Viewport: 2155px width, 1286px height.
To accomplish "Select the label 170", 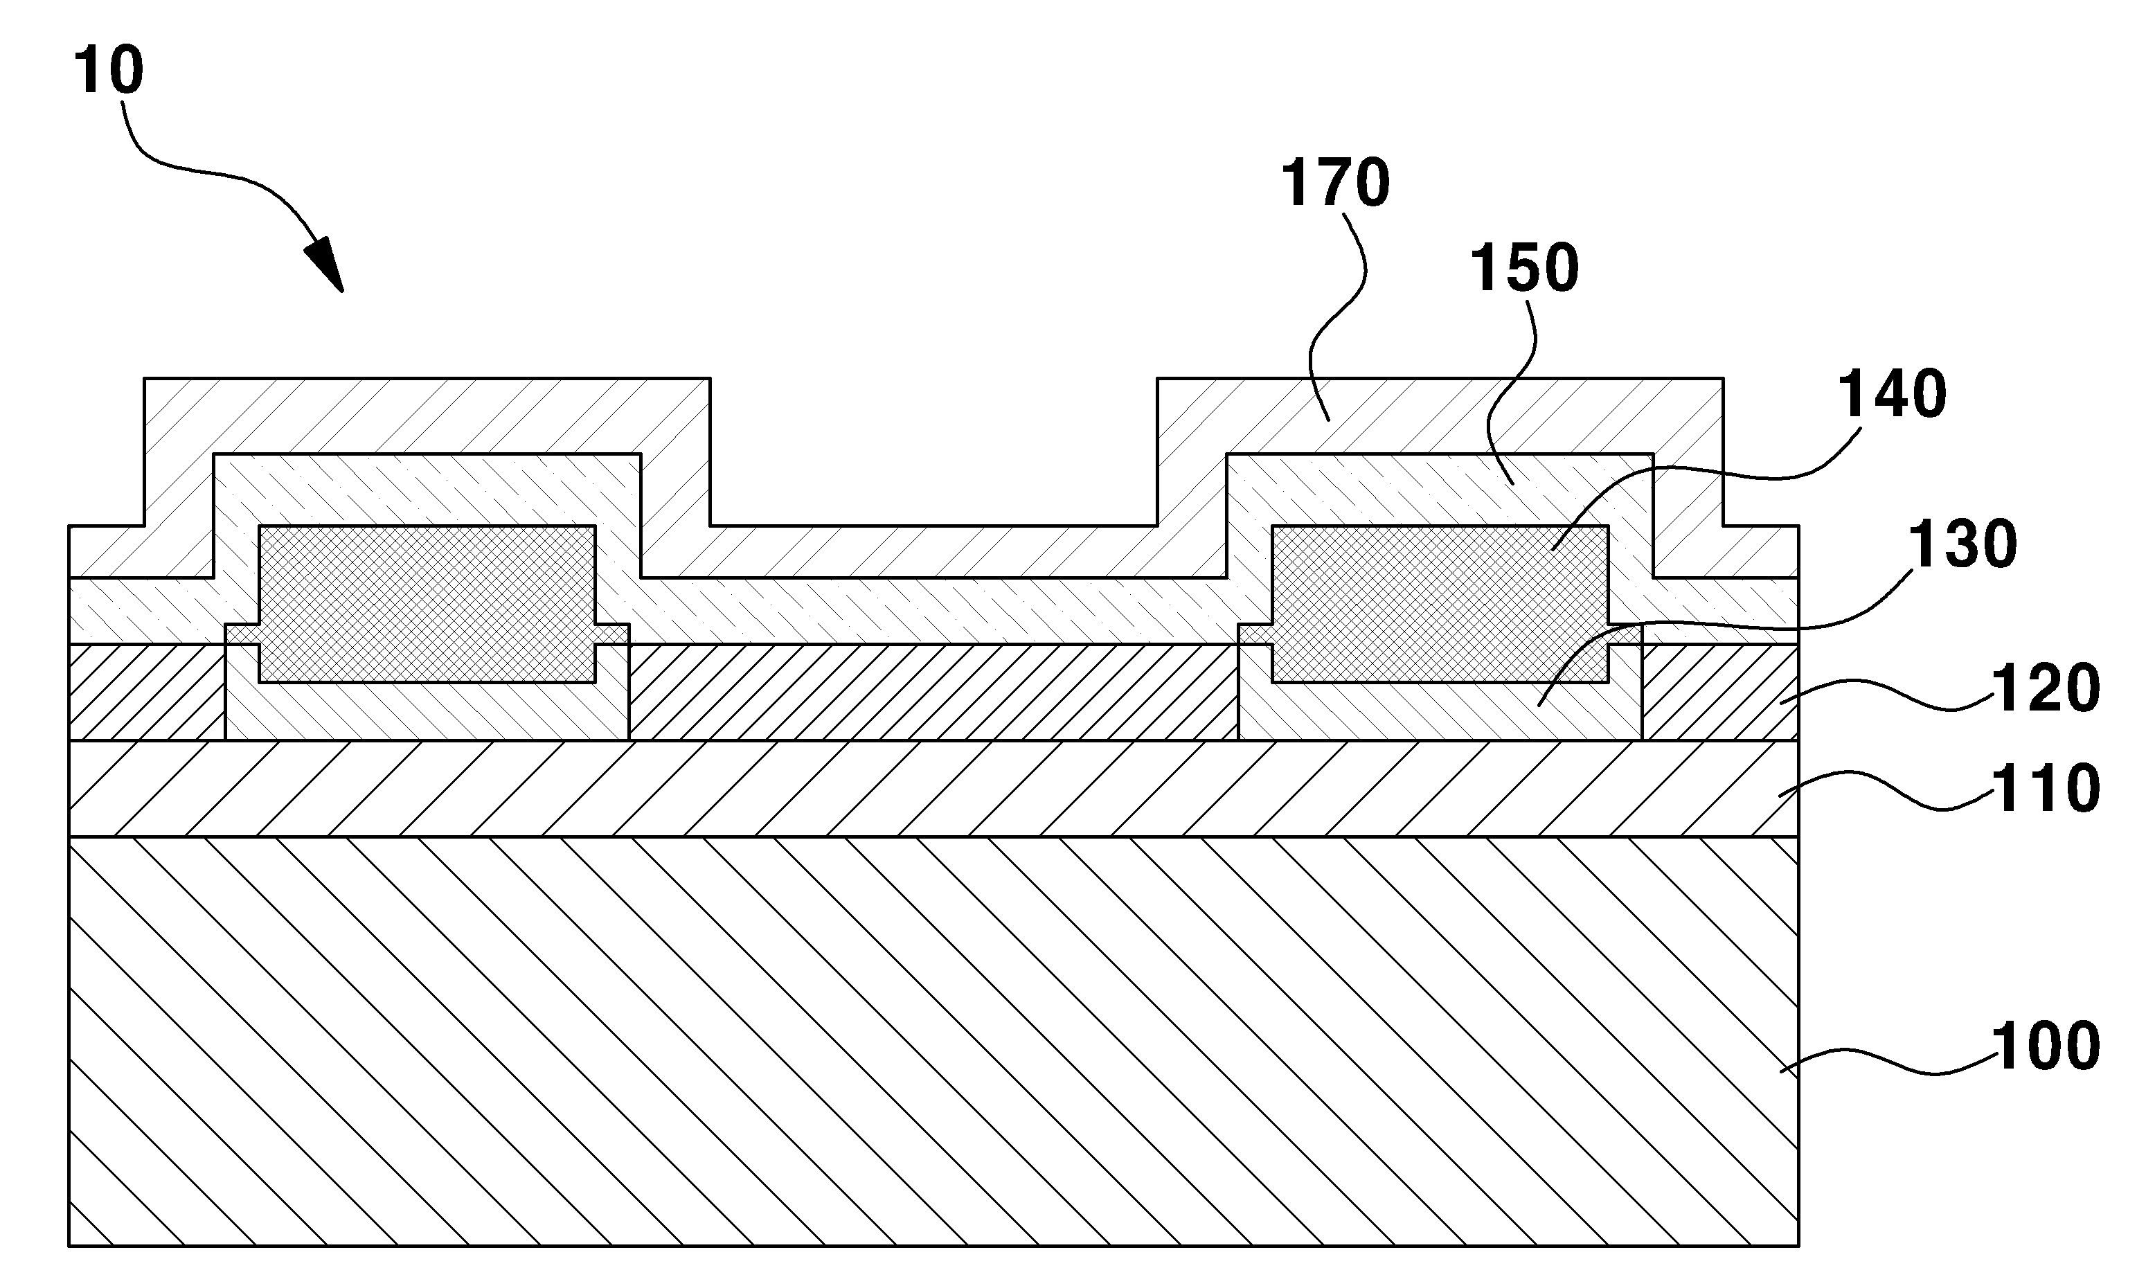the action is (x=1335, y=183).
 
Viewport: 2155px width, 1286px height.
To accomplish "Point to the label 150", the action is (x=1525, y=268).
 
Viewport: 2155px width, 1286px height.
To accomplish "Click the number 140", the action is (x=1893, y=393).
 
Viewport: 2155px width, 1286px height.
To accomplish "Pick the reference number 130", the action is (x=1963, y=544).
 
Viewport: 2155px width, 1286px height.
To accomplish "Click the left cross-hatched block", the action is (x=427, y=604).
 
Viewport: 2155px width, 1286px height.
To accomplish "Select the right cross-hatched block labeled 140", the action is (x=1439, y=604).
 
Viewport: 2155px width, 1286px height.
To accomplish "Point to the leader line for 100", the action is (x=1885, y=1059).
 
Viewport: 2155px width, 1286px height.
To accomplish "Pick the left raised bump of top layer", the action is (x=427, y=416).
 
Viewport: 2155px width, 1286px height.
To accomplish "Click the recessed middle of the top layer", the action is (x=933, y=551).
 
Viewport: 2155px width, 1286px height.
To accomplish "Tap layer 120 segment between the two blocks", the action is (x=933, y=692).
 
